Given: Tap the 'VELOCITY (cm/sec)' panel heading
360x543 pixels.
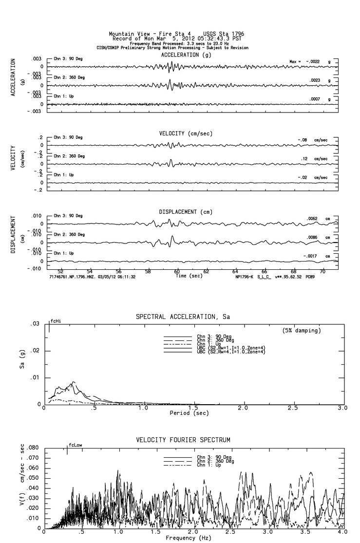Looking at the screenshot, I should [186, 133].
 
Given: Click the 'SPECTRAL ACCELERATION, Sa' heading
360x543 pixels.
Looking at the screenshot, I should [183, 317].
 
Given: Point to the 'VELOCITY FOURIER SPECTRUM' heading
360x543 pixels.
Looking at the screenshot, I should [183, 440].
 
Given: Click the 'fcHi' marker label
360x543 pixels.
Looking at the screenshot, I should [56, 321].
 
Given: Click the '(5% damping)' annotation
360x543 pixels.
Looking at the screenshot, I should [301, 331].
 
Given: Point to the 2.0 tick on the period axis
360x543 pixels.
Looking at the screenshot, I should [243, 408].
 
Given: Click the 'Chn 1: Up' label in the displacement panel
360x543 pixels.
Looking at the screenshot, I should [64, 253].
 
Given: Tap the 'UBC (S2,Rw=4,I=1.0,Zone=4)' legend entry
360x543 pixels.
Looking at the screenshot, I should [231, 352].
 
